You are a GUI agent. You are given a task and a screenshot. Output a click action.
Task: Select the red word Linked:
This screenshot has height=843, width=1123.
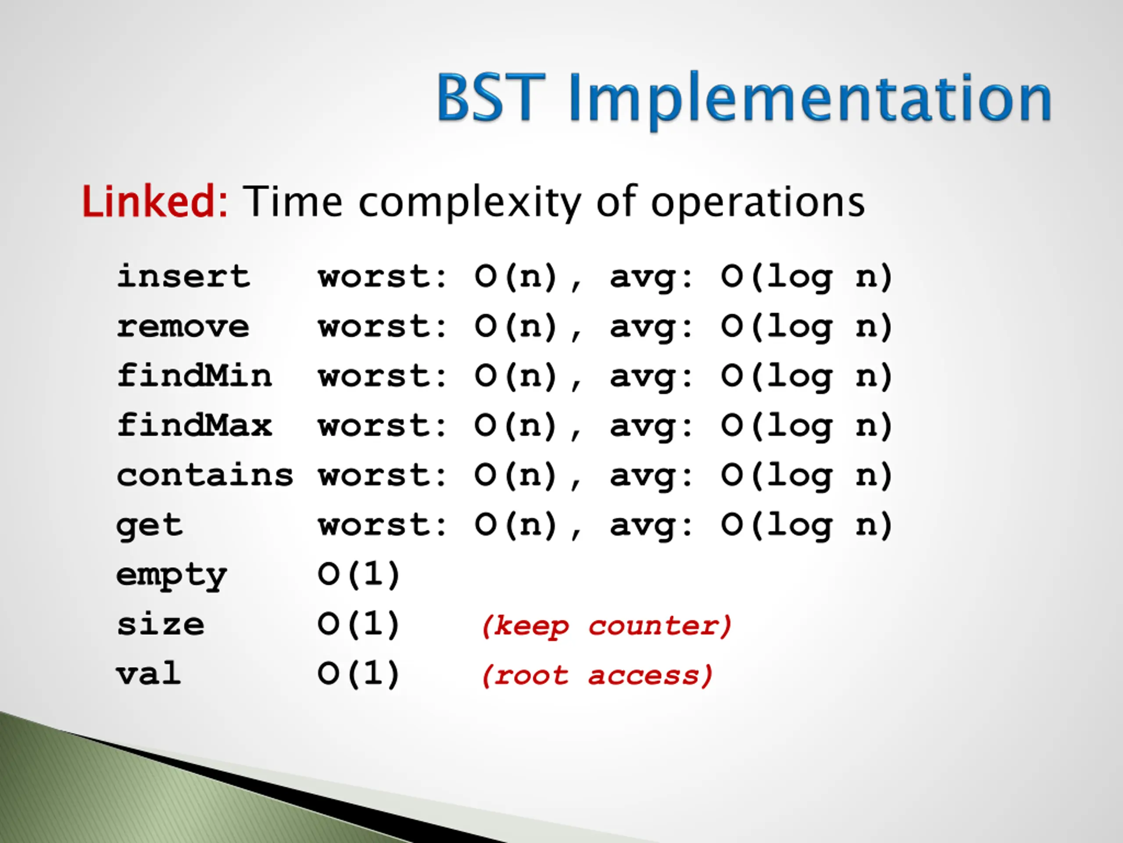point(155,201)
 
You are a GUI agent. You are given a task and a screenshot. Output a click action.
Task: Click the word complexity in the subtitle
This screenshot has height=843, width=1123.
point(470,203)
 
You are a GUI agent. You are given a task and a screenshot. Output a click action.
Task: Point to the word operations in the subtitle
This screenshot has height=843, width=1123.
point(758,203)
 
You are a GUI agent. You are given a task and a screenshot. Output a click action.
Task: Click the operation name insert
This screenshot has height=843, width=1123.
point(183,277)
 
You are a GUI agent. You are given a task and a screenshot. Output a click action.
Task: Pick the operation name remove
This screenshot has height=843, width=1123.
point(183,327)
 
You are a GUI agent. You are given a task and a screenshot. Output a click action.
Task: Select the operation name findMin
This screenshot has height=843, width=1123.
point(194,375)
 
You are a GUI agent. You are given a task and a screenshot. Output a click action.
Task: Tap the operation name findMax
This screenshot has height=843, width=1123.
point(194,425)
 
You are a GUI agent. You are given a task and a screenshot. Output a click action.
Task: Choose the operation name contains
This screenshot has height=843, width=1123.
point(205,475)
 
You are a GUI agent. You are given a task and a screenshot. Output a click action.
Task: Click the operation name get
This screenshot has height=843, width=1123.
point(149,526)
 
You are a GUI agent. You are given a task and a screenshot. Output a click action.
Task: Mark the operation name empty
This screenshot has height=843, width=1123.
point(172,576)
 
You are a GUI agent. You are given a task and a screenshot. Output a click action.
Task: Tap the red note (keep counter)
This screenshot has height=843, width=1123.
point(607,626)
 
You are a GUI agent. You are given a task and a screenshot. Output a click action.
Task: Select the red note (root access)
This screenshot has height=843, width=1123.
point(597,676)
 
